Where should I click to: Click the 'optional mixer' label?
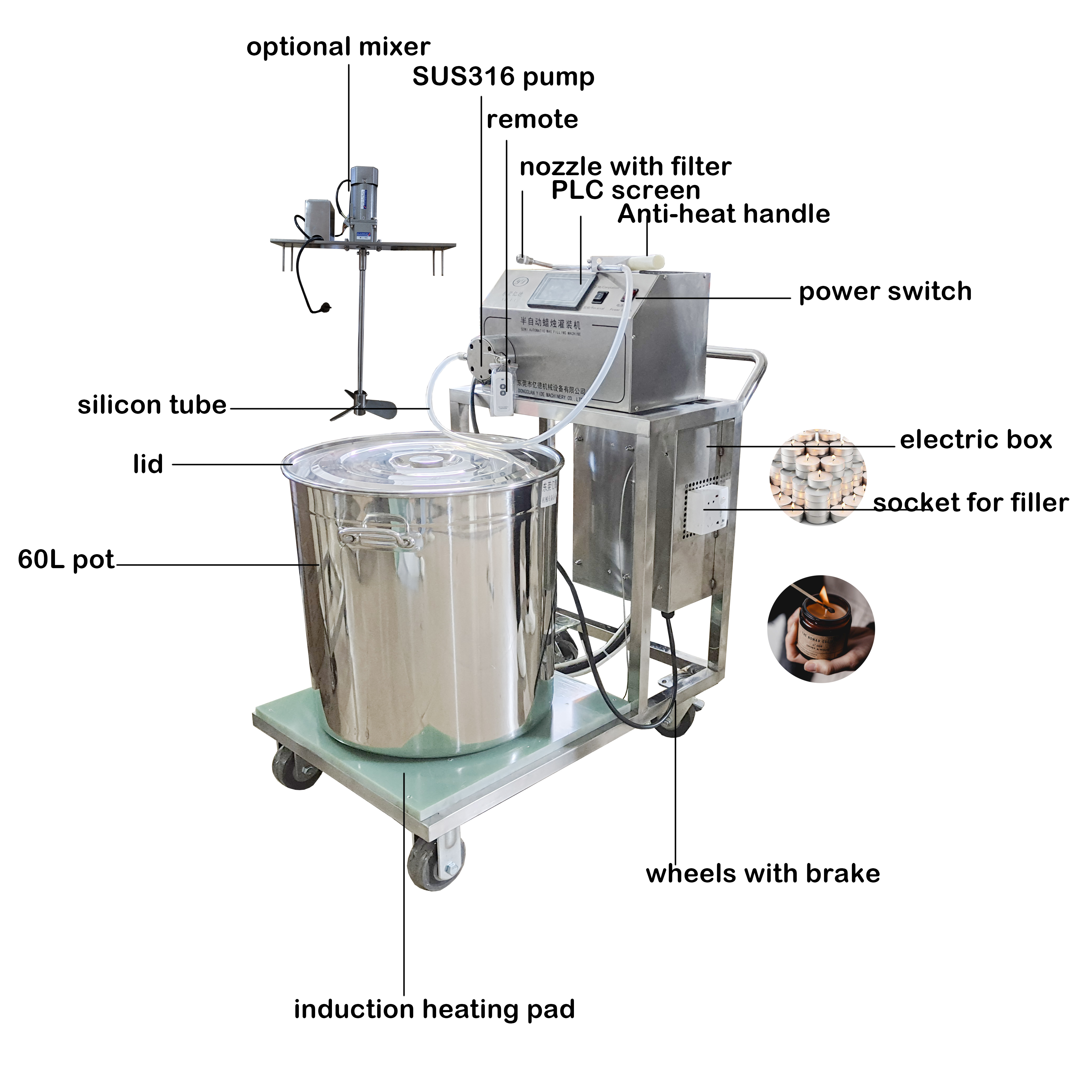[338, 47]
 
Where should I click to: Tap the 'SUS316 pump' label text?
[503, 77]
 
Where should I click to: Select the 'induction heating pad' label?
[434, 1009]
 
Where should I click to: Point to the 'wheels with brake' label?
[763, 874]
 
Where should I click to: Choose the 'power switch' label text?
[885, 292]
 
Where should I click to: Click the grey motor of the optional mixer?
[361, 205]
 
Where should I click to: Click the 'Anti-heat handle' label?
[723, 214]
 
